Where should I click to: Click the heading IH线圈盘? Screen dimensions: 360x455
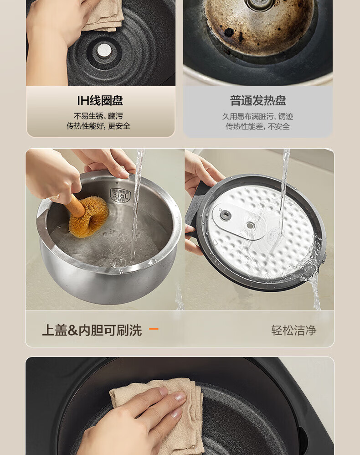click(x=100, y=101)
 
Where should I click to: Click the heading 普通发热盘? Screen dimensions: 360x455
click(x=258, y=101)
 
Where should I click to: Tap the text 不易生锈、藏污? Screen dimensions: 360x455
click(x=98, y=116)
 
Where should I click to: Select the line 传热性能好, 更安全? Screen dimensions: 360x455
click(x=98, y=126)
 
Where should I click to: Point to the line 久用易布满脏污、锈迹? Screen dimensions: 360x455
click(x=257, y=116)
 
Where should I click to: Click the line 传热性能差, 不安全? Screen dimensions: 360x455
click(x=257, y=126)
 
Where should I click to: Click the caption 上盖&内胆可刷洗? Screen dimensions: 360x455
click(x=92, y=330)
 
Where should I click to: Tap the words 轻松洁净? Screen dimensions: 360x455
click(x=293, y=330)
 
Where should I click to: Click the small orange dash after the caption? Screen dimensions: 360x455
click(x=154, y=329)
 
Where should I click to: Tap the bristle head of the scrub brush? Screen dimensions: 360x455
click(x=88, y=216)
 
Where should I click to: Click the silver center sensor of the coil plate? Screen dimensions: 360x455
click(x=104, y=50)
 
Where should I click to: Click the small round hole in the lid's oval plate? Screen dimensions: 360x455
click(x=250, y=226)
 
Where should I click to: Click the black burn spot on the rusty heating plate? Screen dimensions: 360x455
click(x=229, y=32)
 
